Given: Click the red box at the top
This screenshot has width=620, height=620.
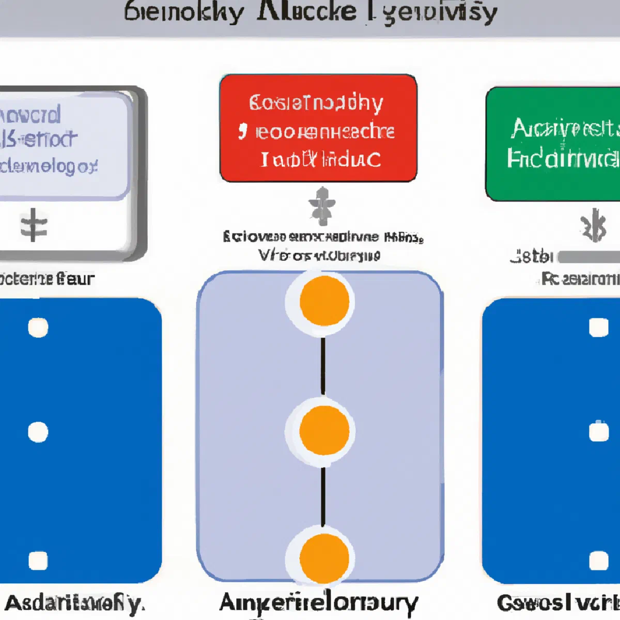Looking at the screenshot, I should point(318,128).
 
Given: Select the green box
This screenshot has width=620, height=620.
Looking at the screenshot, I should point(553,144).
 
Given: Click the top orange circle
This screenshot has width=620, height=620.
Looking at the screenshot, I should point(324,301).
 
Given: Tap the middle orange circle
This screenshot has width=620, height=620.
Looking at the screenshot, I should point(324,430).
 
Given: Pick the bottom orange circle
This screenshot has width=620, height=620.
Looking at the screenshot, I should point(324,559).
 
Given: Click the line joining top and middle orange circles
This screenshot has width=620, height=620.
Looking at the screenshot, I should point(323,366).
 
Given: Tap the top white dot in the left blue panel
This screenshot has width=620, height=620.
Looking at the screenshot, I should point(38,328).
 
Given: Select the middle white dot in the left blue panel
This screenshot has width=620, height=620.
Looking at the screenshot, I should point(38,432).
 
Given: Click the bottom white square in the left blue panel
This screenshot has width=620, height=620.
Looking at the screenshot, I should point(38,561).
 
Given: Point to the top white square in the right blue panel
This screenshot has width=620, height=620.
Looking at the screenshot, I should point(599,328).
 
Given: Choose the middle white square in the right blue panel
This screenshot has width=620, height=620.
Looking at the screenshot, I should point(599,432).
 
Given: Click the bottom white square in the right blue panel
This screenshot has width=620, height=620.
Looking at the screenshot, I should point(599,561).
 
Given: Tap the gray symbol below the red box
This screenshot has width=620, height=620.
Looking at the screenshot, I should point(322,206).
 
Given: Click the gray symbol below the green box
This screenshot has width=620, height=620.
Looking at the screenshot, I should point(594,225).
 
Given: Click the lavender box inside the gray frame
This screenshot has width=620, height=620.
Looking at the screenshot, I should point(62,145).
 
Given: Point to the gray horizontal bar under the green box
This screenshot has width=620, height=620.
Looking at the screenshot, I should point(589,257).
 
